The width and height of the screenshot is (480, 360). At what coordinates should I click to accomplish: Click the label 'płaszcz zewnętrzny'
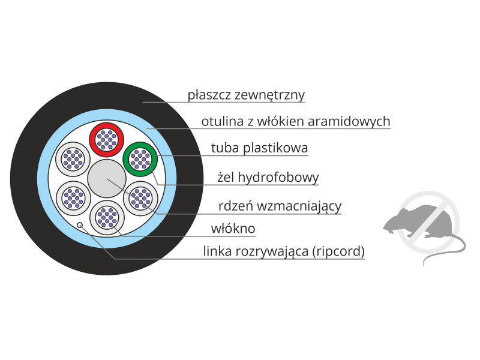pyautogui.click(x=247, y=95)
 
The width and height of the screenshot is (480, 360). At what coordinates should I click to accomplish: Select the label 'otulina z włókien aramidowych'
pyautogui.click(x=296, y=122)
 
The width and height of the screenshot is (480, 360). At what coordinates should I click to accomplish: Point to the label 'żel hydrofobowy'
pyautogui.click(x=268, y=178)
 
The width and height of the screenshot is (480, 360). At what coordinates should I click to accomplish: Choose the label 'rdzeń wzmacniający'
pyautogui.click(x=280, y=206)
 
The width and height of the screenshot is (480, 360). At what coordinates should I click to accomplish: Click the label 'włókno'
pyautogui.click(x=233, y=229)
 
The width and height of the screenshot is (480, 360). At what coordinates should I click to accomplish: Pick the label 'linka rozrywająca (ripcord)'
pyautogui.click(x=284, y=251)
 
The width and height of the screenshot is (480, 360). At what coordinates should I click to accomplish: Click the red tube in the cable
pyautogui.click(x=106, y=139)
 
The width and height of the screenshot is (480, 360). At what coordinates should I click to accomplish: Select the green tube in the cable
pyautogui.click(x=140, y=158)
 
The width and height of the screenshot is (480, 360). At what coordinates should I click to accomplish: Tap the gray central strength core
pyautogui.click(x=106, y=179)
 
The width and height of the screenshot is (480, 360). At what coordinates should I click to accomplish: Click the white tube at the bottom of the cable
pyautogui.click(x=106, y=217)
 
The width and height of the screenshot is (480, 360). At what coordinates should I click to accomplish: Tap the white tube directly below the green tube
pyautogui.click(x=140, y=197)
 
